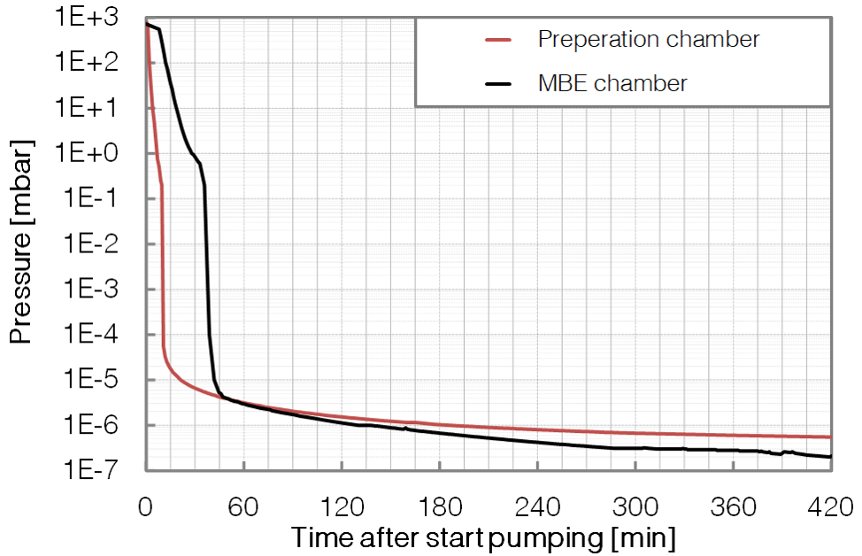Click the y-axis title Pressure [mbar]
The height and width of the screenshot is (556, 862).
pos(23,241)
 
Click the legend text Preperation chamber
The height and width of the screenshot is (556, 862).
pos(649,39)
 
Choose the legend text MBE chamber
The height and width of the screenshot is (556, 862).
pos(612,83)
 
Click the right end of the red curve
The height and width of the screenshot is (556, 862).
pos(830,436)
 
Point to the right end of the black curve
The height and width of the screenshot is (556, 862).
pos(830,457)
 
